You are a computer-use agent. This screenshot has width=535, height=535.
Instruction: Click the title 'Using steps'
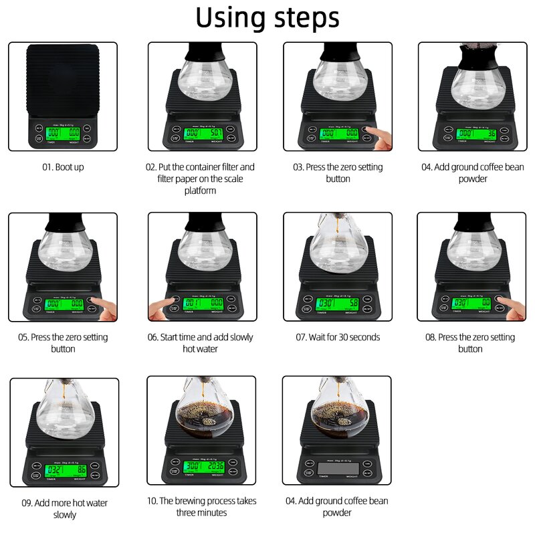pos(267,19)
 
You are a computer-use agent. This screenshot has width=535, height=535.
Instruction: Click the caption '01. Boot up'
pos(61,167)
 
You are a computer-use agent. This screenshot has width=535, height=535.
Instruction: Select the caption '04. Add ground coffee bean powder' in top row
pos(472,173)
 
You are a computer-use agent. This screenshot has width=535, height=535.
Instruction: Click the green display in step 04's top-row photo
pos(475,134)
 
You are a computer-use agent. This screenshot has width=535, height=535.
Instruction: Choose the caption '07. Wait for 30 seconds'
pos(338,337)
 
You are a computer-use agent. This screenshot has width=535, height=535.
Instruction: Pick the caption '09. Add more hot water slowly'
pos(64,508)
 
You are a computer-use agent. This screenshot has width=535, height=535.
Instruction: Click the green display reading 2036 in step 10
pos(203,466)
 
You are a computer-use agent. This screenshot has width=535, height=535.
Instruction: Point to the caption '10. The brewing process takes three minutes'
pos(201,506)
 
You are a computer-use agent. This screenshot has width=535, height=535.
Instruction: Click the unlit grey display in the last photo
pos(338,467)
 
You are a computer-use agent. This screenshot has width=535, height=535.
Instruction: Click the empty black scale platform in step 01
pos(62,77)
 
